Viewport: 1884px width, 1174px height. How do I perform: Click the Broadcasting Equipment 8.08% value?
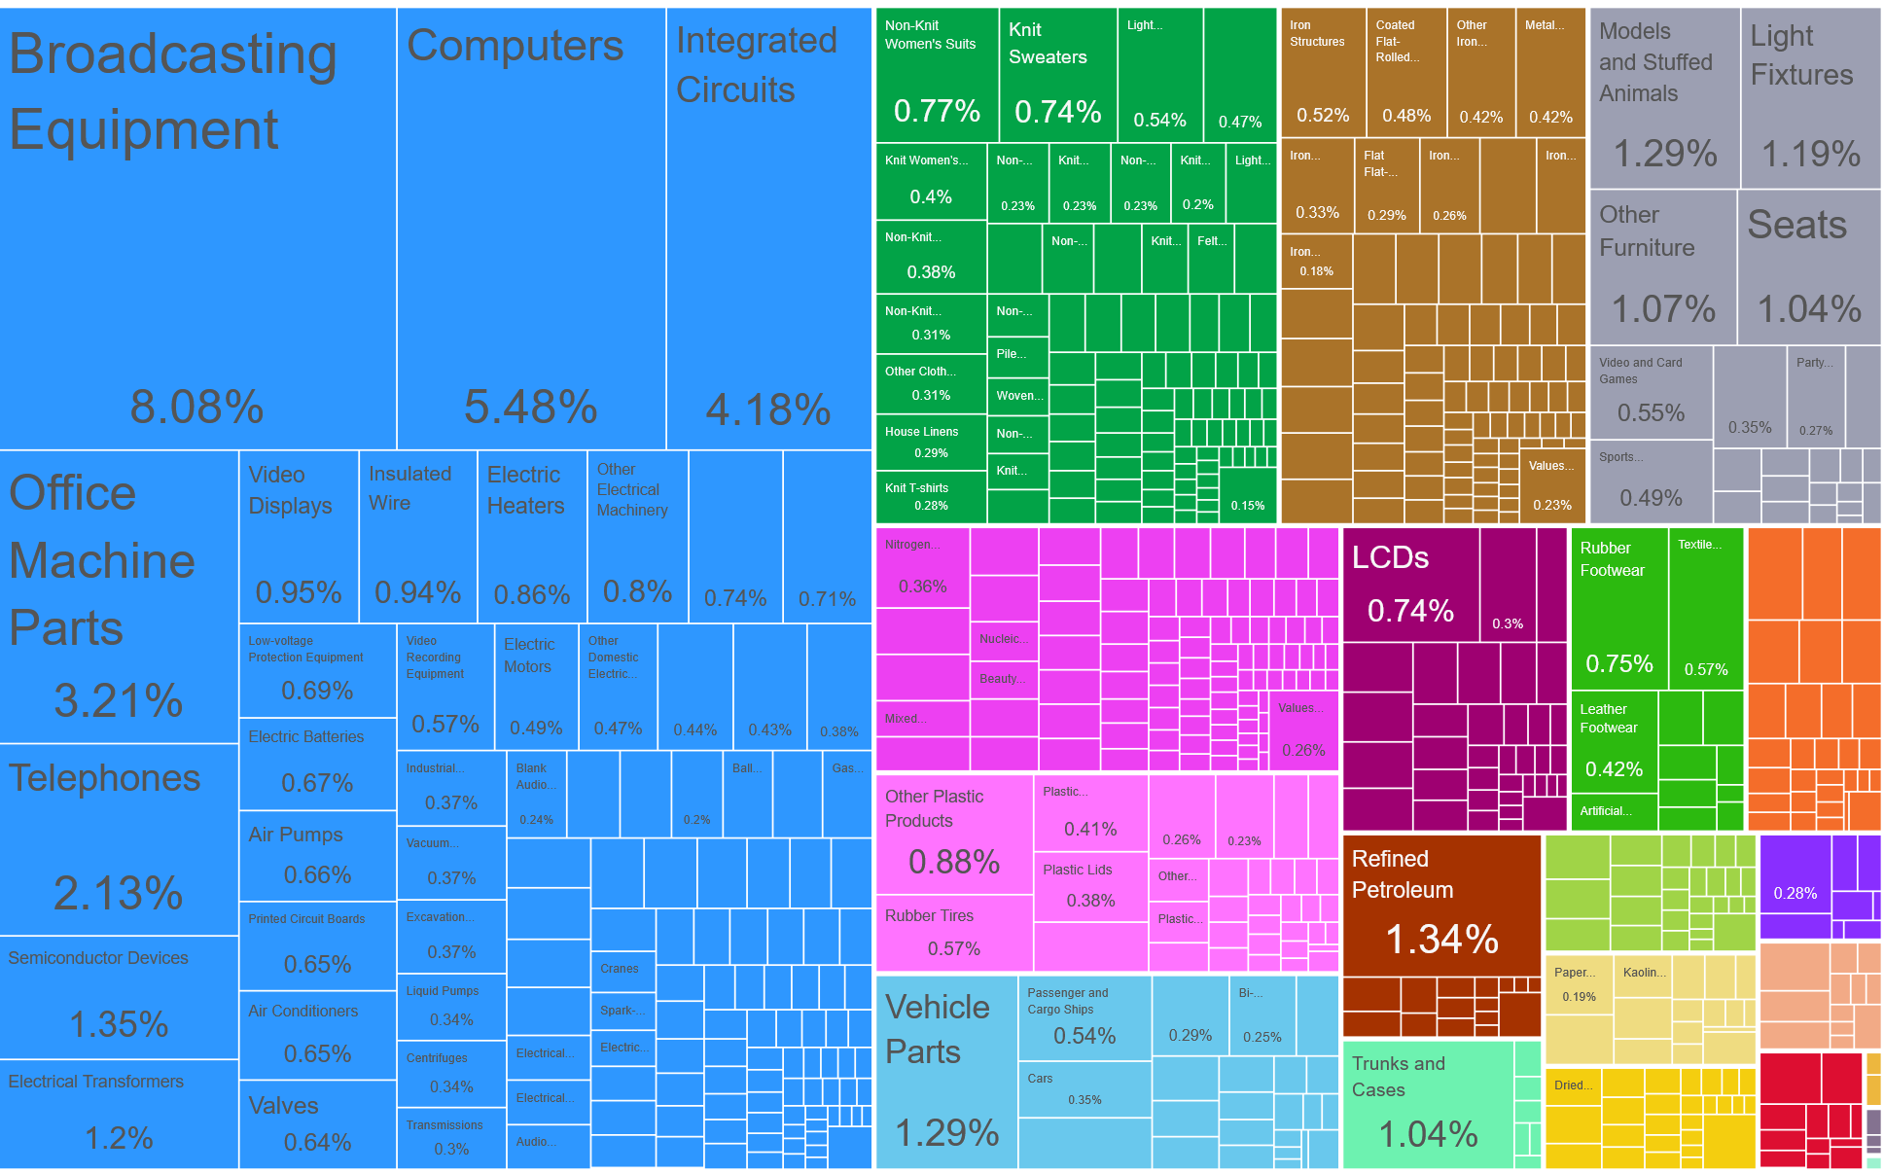point(196,407)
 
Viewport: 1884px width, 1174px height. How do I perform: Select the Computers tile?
point(531,229)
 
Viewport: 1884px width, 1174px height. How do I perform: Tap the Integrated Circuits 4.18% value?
point(767,409)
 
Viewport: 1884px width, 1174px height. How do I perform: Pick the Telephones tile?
point(119,838)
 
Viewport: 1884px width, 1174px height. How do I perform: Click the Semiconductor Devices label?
point(98,958)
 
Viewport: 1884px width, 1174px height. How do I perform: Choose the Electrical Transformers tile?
point(119,1113)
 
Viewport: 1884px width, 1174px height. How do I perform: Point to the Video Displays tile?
point(299,536)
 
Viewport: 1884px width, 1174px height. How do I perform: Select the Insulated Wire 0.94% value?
point(417,591)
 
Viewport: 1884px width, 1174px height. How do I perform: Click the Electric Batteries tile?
point(317,764)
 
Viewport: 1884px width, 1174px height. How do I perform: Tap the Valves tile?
point(317,1123)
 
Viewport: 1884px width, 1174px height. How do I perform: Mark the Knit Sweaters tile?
point(1057,75)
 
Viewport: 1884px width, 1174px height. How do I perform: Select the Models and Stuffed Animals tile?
point(1664,97)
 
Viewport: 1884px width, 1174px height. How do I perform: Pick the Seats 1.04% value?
point(1808,309)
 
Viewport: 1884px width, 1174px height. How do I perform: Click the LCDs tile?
point(1410,585)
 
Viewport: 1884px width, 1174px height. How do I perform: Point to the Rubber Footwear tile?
point(1619,609)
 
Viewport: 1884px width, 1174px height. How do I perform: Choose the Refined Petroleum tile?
point(1441,906)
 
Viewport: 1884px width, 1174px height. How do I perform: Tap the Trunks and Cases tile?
point(1428,1104)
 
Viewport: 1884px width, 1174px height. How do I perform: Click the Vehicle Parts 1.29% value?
point(946,1132)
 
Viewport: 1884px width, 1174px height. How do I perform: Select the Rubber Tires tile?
point(953,933)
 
